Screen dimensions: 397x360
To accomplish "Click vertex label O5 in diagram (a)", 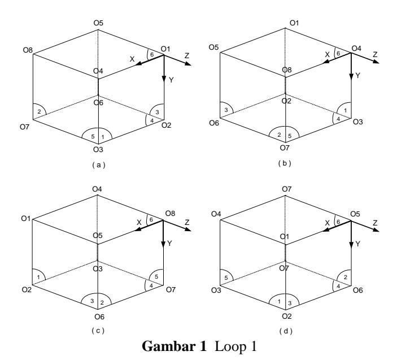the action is pyautogui.click(x=98, y=23).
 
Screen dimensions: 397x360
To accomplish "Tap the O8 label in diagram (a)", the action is pyautogui.click(x=28, y=50).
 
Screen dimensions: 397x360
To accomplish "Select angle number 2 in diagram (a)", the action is pyautogui.click(x=39, y=111).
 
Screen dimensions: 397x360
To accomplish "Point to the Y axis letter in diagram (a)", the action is pyautogui.click(x=171, y=80).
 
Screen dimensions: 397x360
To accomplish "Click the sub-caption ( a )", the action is pyautogui.click(x=98, y=165).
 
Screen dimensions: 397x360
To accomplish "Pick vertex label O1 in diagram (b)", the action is pyautogui.click(x=294, y=23).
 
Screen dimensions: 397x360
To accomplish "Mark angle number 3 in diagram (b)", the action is pyautogui.click(x=226, y=110).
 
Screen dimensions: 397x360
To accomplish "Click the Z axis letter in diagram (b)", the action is pyautogui.click(x=375, y=54).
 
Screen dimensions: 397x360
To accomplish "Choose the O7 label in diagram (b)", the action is pyautogui.click(x=285, y=148).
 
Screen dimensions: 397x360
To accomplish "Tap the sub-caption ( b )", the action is pyautogui.click(x=285, y=163).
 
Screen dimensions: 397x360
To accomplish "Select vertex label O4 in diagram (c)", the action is pyautogui.click(x=97, y=189).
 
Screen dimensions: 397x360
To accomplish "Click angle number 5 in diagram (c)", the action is pyautogui.click(x=156, y=277).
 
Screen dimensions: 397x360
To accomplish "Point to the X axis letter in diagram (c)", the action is pyautogui.click(x=139, y=223).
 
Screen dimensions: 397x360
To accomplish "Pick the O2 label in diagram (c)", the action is pyautogui.click(x=27, y=289).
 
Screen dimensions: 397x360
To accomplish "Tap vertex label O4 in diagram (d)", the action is pyautogui.click(x=216, y=214).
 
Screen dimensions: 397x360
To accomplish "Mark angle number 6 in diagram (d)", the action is pyautogui.click(x=338, y=222).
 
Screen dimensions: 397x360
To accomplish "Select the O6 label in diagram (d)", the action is pyautogui.click(x=358, y=290).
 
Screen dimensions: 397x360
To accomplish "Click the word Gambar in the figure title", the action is pyautogui.click(x=174, y=346).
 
